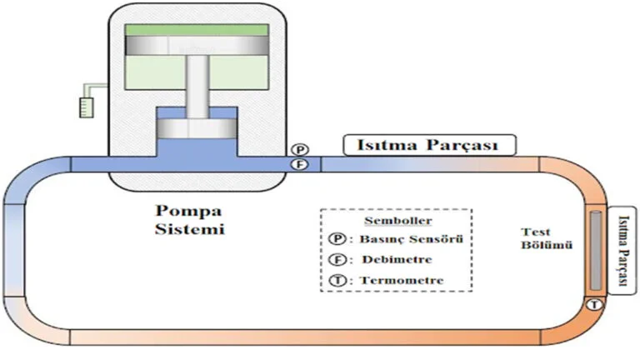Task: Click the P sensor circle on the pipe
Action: [301, 149]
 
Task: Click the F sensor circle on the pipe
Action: [301, 164]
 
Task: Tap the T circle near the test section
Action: [593, 306]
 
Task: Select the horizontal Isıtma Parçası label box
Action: [430, 146]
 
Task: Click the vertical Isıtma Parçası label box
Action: [621, 249]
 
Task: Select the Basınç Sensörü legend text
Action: [409, 240]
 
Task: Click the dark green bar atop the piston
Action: [196, 30]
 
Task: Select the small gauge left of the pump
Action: [84, 107]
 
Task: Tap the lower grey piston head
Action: [196, 131]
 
